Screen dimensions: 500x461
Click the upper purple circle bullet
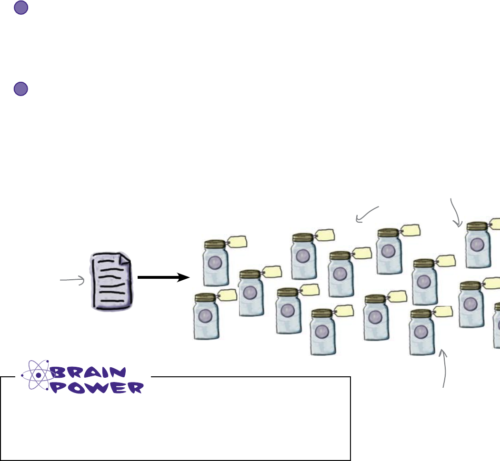click(20, 8)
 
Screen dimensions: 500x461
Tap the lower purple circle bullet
click(20, 89)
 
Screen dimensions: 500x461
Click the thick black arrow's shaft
click(157, 277)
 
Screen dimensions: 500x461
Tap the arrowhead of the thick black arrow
click(184, 277)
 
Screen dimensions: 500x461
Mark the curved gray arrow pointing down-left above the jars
click(367, 214)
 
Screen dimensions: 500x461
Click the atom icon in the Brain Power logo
click(38, 375)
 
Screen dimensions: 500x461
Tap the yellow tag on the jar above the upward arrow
click(444, 312)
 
